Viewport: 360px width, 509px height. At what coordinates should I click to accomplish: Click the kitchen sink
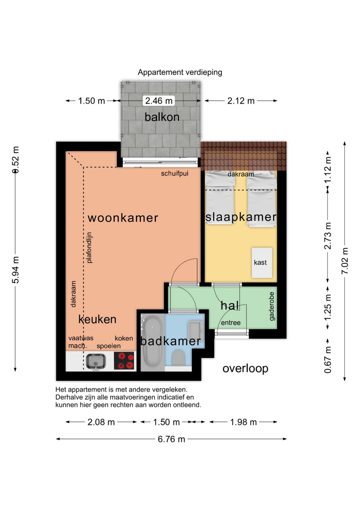pyautogui.click(x=96, y=361)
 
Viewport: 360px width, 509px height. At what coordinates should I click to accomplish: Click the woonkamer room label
pyautogui.click(x=123, y=218)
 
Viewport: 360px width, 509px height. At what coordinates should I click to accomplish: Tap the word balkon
pyautogui.click(x=162, y=117)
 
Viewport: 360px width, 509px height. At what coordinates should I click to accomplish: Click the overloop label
pyautogui.click(x=245, y=369)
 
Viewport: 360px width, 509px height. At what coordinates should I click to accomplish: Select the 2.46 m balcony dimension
pyautogui.click(x=159, y=101)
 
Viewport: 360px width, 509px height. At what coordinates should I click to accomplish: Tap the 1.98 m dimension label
pyautogui.click(x=243, y=422)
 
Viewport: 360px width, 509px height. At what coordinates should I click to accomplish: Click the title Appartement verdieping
pyautogui.click(x=180, y=73)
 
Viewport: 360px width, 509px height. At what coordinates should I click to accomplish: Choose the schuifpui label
pyautogui.click(x=175, y=174)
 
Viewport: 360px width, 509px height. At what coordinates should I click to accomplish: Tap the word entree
pyautogui.click(x=231, y=323)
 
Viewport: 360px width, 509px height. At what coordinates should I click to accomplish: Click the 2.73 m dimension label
pyautogui.click(x=328, y=236)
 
